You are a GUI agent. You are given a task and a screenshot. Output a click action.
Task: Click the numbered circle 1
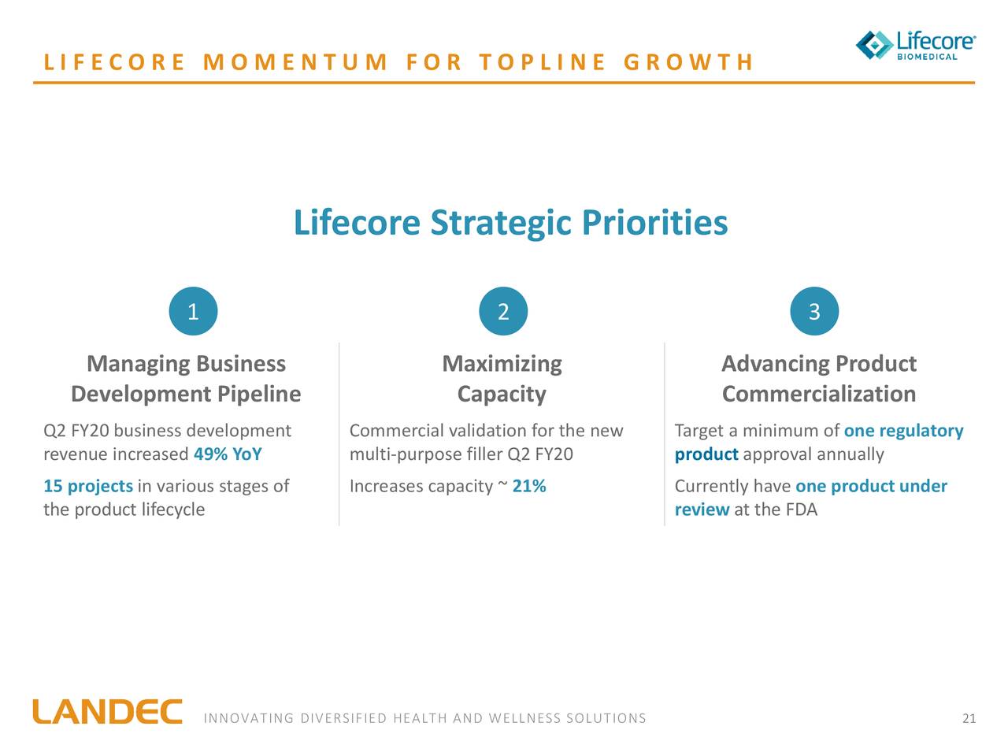point(193,312)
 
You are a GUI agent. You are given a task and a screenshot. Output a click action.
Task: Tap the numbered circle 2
point(503,312)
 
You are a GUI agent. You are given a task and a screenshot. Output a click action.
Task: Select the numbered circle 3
point(814,312)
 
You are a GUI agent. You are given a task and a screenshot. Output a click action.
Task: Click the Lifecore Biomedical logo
point(915,45)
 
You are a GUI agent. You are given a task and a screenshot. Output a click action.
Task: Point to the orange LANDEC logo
point(107,712)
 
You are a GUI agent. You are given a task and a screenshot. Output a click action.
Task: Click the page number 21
point(969,718)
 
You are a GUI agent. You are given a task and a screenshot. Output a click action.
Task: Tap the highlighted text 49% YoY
point(228,454)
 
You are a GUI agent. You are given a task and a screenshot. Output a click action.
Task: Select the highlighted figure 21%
point(529,486)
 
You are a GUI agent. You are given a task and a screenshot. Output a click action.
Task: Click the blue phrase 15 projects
point(88,486)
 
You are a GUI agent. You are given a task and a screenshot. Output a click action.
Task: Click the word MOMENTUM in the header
point(295,62)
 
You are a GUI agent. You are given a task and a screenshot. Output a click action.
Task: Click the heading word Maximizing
point(502,364)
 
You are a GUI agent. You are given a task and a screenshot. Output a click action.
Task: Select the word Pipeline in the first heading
point(259,394)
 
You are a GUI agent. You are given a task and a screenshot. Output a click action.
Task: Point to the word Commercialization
point(818,394)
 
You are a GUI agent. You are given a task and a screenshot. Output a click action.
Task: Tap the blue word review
point(702,510)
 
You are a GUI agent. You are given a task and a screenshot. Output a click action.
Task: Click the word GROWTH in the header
point(688,62)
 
